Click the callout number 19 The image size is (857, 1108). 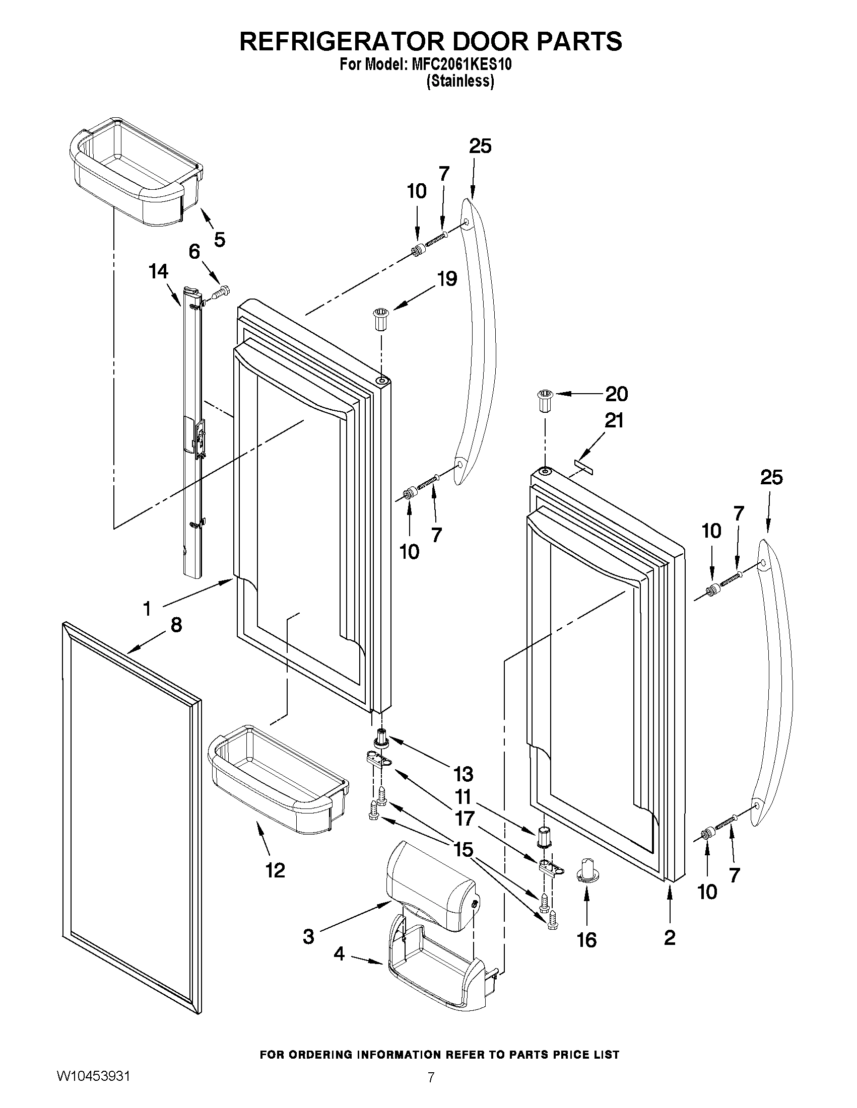[447, 278]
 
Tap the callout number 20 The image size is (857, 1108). [616, 394]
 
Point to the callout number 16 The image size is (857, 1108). [586, 940]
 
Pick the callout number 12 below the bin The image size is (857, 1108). [275, 870]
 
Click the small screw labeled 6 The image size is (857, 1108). [221, 291]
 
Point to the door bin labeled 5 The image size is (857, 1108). [135, 173]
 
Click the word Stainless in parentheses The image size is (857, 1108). [460, 81]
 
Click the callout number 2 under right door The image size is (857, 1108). [670, 937]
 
